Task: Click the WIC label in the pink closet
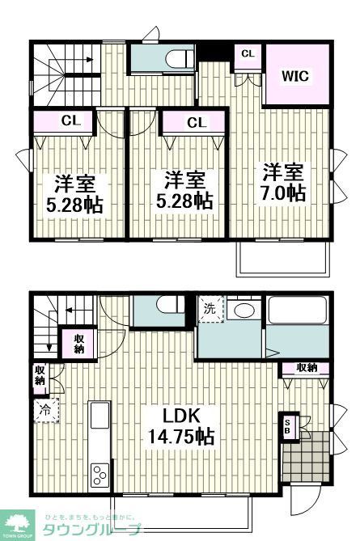click(x=295, y=77)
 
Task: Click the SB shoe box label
click(x=287, y=427)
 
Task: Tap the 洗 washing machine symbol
click(x=210, y=308)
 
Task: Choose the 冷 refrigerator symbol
click(x=44, y=409)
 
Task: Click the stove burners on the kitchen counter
click(x=100, y=471)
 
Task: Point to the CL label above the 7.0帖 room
click(x=248, y=54)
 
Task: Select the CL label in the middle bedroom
click(x=196, y=123)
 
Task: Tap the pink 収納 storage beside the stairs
click(x=79, y=343)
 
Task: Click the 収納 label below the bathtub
click(x=307, y=368)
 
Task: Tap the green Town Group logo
click(x=17, y=523)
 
